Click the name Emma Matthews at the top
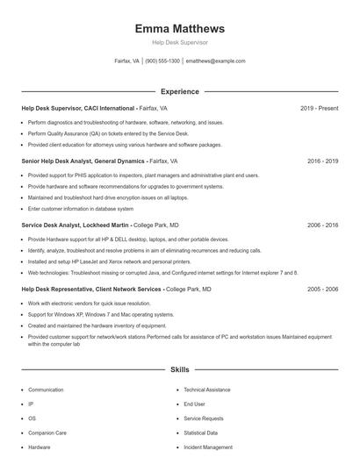coord(179,28)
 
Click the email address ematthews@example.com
coord(215,61)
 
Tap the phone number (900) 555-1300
coord(162,61)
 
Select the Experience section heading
coord(179,91)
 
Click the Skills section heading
coord(179,370)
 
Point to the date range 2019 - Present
coord(319,108)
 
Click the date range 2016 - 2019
coord(322,161)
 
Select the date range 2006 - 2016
coord(322,225)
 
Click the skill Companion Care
coord(47,433)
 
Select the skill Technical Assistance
coord(206,390)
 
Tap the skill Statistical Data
coord(201,433)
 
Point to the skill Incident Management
coord(208,447)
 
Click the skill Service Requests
coord(203,418)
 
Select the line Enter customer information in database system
coord(81,209)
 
